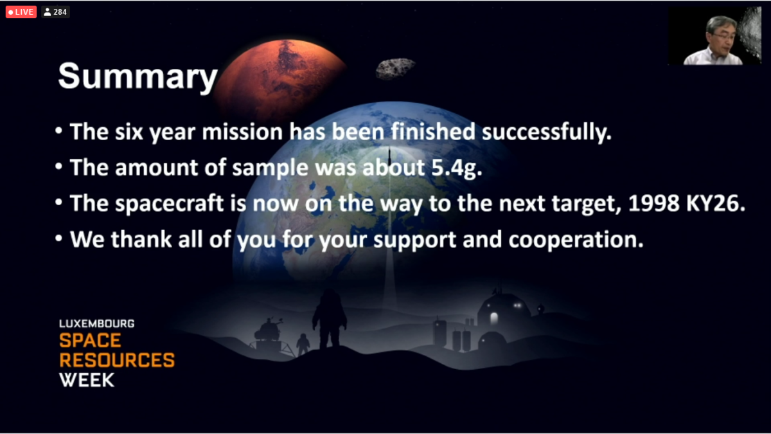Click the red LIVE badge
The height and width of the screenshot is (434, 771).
click(21, 12)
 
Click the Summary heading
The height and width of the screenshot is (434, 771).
click(137, 77)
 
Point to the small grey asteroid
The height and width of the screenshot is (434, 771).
click(395, 68)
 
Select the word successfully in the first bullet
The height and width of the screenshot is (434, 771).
click(547, 132)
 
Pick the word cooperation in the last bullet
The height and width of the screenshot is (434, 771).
click(576, 240)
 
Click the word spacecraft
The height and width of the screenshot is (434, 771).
click(170, 204)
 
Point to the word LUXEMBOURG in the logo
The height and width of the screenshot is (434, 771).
click(97, 324)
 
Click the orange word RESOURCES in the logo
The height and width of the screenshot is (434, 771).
click(117, 360)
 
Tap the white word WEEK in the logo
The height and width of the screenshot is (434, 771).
click(87, 380)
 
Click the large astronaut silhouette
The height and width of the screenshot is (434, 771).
click(330, 319)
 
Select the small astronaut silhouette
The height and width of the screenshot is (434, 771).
click(303, 344)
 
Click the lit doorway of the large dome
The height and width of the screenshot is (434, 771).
click(494, 318)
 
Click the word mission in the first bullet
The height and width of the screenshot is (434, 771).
click(242, 132)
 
